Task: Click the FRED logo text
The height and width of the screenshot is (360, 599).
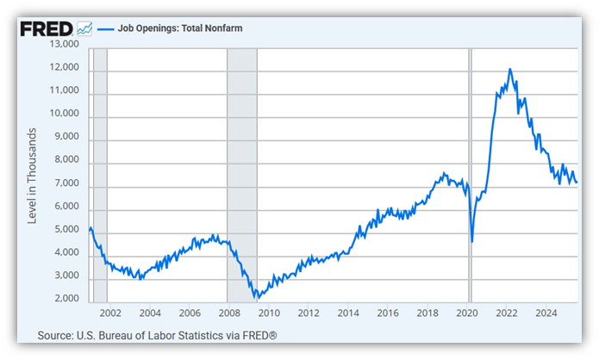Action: click(46, 28)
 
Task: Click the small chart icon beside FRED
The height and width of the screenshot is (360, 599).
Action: click(84, 28)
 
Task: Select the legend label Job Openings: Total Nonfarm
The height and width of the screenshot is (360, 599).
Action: click(168, 28)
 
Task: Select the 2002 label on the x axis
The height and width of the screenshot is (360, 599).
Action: click(109, 313)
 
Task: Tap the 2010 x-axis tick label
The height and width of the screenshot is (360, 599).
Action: click(268, 313)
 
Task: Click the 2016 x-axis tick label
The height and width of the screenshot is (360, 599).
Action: click(388, 313)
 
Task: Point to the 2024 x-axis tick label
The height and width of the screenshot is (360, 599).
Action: click(546, 313)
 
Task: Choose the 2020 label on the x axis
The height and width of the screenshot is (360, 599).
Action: click(467, 313)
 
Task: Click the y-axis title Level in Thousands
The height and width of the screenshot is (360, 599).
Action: click(32, 176)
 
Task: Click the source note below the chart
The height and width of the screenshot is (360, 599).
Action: click(157, 335)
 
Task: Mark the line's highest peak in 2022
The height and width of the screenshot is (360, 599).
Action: click(510, 69)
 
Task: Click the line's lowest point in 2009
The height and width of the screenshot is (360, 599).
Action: click(255, 298)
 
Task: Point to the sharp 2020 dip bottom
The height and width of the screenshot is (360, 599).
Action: click(472, 240)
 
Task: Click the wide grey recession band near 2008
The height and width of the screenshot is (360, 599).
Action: click(241, 172)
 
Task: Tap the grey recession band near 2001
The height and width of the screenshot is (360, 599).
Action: click(99, 172)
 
